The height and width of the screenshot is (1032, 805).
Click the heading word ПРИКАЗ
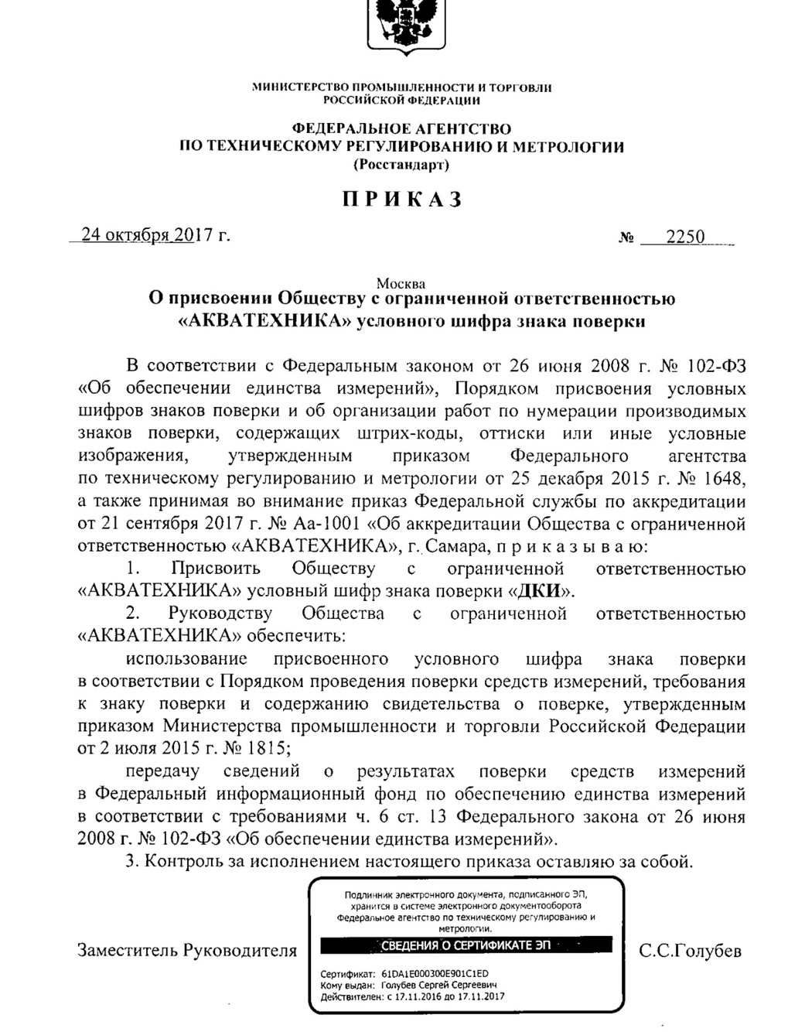click(x=402, y=200)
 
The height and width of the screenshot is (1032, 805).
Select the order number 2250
click(x=685, y=237)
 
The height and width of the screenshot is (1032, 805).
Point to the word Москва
click(x=401, y=284)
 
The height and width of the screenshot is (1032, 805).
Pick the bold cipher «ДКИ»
click(x=541, y=592)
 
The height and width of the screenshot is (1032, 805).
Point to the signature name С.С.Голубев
click(x=691, y=951)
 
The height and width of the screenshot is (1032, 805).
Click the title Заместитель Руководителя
click(x=187, y=951)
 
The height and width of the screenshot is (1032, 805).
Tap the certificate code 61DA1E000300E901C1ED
click(x=435, y=974)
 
